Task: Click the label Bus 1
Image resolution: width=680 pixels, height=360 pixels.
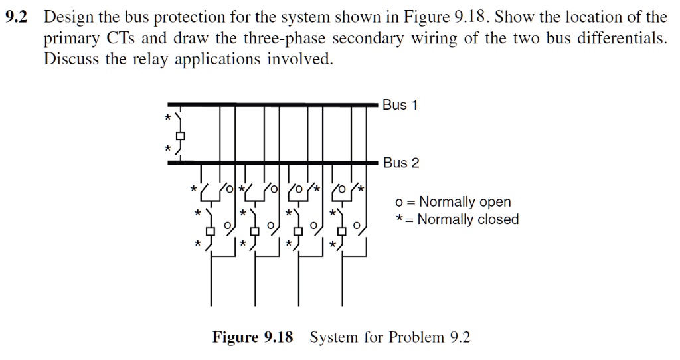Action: coord(400,105)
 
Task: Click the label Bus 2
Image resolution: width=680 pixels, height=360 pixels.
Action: coord(401,163)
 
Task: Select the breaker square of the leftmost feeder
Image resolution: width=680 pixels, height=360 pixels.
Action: coord(211,231)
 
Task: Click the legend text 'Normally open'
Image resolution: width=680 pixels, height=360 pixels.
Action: coord(464,202)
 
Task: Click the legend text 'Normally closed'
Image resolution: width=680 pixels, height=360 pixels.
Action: coord(468,219)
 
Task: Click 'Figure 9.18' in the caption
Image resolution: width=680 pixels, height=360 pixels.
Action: coord(252,337)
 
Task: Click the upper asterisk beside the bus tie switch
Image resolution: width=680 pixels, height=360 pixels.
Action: coord(168,118)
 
